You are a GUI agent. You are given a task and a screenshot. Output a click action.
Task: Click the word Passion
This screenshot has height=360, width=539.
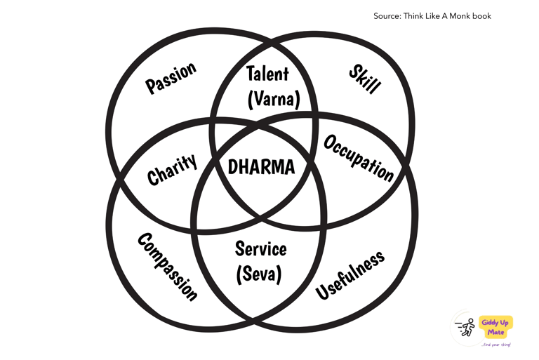coord(171,78)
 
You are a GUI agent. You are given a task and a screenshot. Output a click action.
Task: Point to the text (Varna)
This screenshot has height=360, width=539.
coord(273,100)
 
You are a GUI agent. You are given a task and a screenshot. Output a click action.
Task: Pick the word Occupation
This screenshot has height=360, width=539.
coord(358,158)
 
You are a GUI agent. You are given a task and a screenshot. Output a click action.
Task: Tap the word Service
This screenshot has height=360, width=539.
coord(260,249)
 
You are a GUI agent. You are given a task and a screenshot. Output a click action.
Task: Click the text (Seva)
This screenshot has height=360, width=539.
coord(260,274)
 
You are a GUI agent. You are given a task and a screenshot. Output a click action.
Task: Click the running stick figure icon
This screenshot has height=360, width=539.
coord(465,328)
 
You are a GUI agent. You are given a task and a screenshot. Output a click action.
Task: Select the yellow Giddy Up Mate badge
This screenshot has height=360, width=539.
coord(495,326)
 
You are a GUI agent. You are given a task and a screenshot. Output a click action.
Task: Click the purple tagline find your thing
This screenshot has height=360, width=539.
coord(496,345)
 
